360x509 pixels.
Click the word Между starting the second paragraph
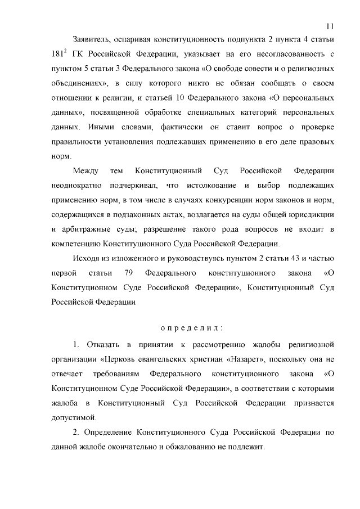pyautogui.click(x=86, y=170)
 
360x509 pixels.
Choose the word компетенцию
pyautogui.click(x=73, y=244)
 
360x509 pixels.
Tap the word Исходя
pyautogui.click(x=86, y=258)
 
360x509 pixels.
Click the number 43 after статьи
pyautogui.click(x=291, y=258)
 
